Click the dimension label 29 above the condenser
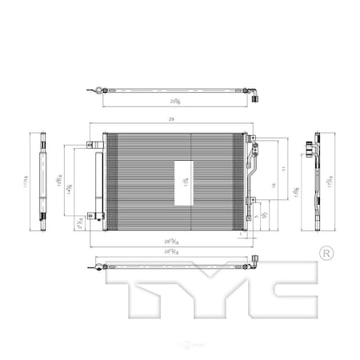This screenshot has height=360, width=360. pyautogui.click(x=171, y=119)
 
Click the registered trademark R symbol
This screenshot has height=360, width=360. pyautogui.click(x=326, y=254)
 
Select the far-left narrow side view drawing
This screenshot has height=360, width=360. pyautogui.click(x=43, y=180)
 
